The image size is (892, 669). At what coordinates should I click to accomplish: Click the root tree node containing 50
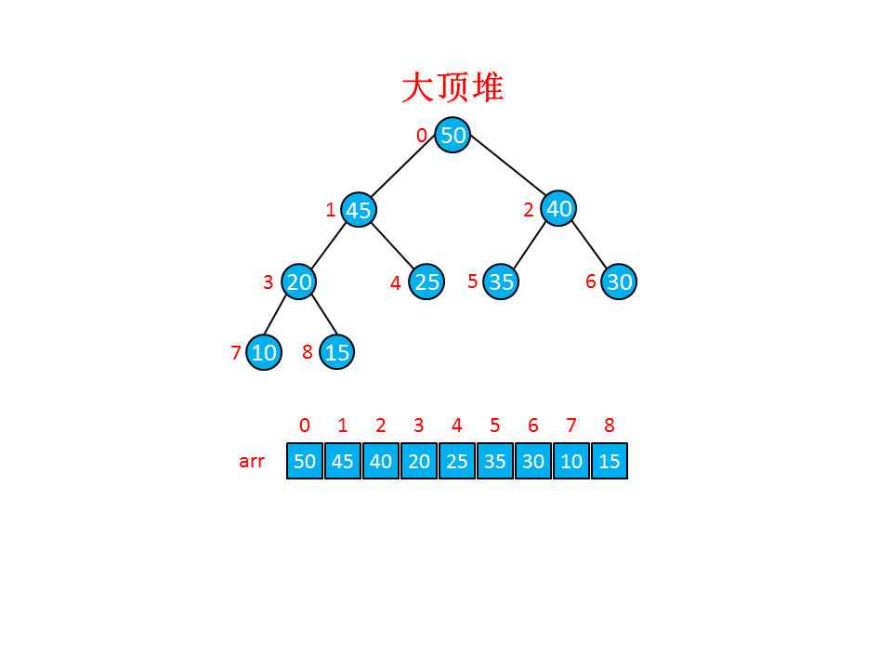coord(453,136)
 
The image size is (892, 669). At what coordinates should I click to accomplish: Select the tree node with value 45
coord(358,210)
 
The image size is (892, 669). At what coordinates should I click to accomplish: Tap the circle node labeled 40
coord(558,208)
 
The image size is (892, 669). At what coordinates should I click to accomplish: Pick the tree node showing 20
coord(298,282)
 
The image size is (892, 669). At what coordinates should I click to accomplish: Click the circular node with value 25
coord(426,282)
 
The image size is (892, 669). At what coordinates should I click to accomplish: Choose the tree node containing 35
coord(501,282)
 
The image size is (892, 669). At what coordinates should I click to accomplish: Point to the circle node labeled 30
coord(619,282)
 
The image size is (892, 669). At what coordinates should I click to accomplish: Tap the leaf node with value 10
coord(264,352)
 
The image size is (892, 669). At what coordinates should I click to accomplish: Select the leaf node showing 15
coord(336,352)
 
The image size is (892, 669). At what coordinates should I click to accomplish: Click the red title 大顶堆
coord(453,88)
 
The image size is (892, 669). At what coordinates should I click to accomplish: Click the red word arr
coord(252,461)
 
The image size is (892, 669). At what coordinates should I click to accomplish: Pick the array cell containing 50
coord(305,461)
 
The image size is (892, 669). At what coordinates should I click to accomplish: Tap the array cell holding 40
coord(381,461)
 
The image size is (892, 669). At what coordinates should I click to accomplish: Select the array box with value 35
coord(495,461)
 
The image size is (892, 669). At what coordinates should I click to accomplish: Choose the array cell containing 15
coord(610,461)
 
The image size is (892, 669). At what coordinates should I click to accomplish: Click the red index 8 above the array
coord(610,426)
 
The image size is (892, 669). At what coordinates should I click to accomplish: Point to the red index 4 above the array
coord(457,426)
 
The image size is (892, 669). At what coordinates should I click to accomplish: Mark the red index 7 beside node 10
coord(236,353)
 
